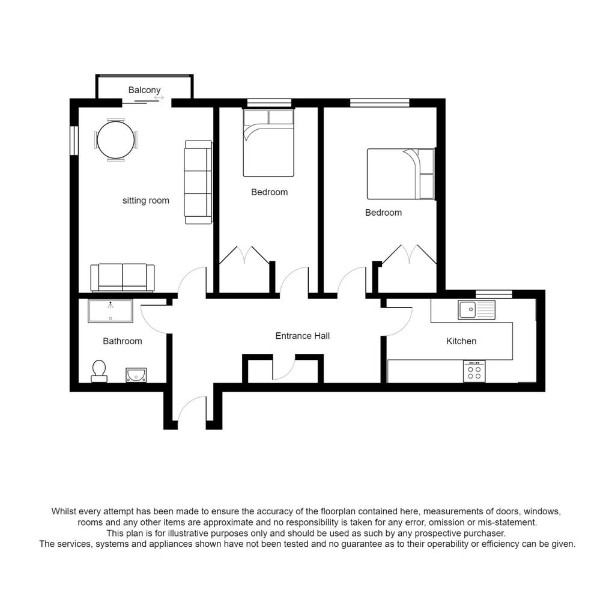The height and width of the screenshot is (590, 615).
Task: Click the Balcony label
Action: pos(144,90)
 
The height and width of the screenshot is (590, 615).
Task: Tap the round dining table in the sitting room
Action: pos(116,139)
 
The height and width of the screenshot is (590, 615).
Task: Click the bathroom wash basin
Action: pos(136,375)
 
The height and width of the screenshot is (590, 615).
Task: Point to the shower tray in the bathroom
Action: pos(111,311)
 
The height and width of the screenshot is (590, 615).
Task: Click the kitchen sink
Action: pos(476,309)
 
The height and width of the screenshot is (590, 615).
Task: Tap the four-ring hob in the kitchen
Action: pos(474,371)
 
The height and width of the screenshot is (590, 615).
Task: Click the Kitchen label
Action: pos(461,341)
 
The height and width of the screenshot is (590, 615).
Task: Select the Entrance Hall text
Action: pos(303,336)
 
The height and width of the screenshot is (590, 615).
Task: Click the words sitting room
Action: pos(146,201)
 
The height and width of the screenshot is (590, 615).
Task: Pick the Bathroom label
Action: pos(123,341)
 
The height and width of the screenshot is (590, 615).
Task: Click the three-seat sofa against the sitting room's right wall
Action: pos(198,183)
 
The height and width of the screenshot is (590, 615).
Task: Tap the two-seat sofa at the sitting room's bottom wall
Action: pos(123,278)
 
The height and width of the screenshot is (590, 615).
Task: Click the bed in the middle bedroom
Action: pos(268,143)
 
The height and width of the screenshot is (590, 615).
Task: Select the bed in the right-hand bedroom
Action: pos(401,174)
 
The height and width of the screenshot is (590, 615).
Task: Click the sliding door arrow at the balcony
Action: pos(159,98)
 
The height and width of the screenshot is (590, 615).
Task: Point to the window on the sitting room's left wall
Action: pos(73,140)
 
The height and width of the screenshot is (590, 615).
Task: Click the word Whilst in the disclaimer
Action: pos(64,511)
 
